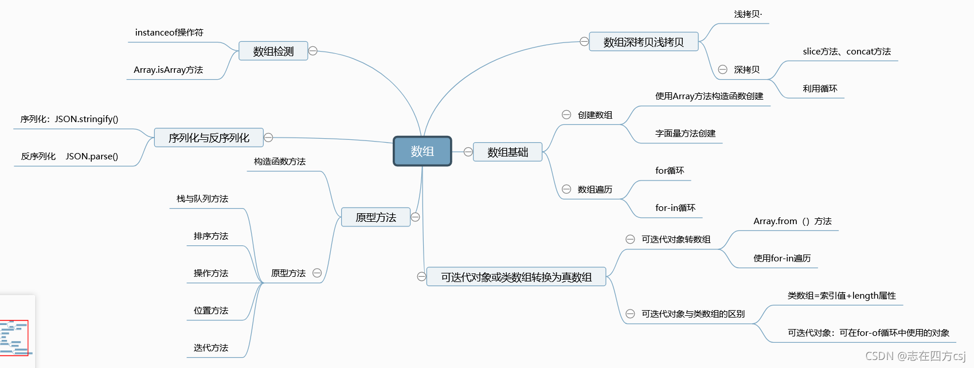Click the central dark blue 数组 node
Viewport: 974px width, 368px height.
coord(423,151)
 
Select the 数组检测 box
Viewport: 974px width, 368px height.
coord(273,51)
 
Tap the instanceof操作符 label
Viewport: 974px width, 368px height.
coord(169,33)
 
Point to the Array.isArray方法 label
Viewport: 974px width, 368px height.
coord(169,70)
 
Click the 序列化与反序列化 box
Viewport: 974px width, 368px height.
coord(209,138)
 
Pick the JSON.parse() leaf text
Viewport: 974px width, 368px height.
coord(92,156)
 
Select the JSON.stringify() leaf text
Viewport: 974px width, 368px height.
coord(87,119)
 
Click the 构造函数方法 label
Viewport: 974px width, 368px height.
coord(280,162)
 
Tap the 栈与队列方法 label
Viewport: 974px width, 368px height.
coord(202,199)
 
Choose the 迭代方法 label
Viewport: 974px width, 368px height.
coord(211,348)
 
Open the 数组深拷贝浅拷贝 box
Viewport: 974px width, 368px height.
coord(643,42)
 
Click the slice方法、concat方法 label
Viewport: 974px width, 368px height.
coord(847,52)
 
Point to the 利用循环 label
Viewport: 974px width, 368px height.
coord(820,89)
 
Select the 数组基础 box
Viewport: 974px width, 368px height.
coord(507,152)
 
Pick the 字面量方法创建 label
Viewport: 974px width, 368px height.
coord(685,134)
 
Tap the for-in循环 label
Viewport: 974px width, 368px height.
coord(675,208)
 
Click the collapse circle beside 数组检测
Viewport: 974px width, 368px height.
coord(313,51)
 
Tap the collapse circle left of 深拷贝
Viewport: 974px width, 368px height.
coord(723,69)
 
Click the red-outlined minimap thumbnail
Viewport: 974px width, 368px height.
coord(14,338)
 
